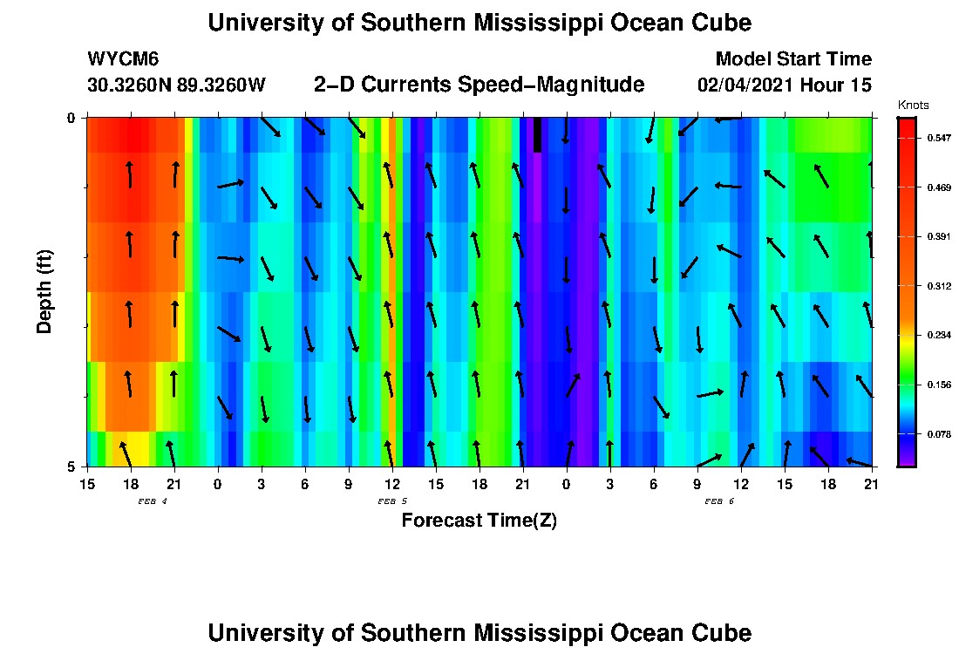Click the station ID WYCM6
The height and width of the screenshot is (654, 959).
[123, 59]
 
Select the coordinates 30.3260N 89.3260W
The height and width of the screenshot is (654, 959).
[176, 85]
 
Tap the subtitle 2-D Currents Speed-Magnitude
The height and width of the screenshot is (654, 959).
[479, 85]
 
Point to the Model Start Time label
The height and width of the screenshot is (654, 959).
[793, 59]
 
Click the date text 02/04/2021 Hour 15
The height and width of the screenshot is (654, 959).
[785, 85]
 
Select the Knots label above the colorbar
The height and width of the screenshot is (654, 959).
[913, 105]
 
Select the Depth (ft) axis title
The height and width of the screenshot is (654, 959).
[44, 292]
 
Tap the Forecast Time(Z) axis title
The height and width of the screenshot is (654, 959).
[479, 521]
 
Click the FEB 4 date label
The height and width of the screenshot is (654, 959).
[153, 501]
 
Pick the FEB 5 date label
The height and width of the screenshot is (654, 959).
[392, 501]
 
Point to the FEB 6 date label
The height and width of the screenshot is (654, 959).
[719, 501]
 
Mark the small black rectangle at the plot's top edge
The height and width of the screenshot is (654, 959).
[538, 134]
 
